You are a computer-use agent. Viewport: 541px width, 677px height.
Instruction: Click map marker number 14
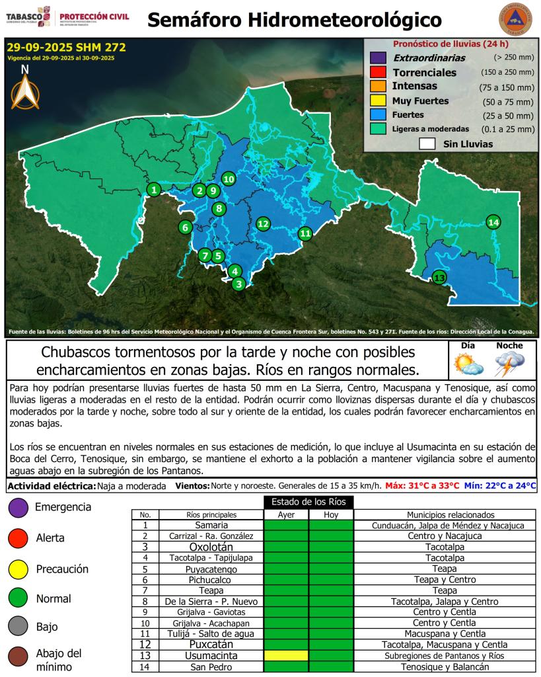click(493, 222)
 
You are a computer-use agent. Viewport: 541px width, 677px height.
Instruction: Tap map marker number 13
click(439, 277)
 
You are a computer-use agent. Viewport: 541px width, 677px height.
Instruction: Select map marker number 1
click(153, 190)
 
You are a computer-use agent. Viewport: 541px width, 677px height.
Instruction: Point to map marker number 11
click(305, 233)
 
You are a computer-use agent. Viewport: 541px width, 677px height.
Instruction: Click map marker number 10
click(229, 179)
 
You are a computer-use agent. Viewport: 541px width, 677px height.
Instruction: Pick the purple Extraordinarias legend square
click(378, 58)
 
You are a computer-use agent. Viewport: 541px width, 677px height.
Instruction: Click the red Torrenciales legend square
click(378, 72)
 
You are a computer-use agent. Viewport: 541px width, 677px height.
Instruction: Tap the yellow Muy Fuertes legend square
click(378, 101)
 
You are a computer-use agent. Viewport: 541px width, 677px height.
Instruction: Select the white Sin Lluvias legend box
click(427, 144)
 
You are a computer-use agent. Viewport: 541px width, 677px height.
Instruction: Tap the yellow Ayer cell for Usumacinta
click(286, 656)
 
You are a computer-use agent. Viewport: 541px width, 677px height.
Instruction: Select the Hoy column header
click(331, 514)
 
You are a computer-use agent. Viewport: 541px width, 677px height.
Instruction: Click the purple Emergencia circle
click(18, 507)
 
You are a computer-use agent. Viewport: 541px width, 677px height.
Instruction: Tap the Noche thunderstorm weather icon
click(510, 364)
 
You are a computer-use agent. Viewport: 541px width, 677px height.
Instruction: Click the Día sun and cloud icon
click(467, 364)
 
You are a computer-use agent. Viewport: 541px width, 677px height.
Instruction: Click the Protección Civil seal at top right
click(516, 20)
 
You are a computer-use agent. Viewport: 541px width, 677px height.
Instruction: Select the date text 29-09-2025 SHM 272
click(66, 48)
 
